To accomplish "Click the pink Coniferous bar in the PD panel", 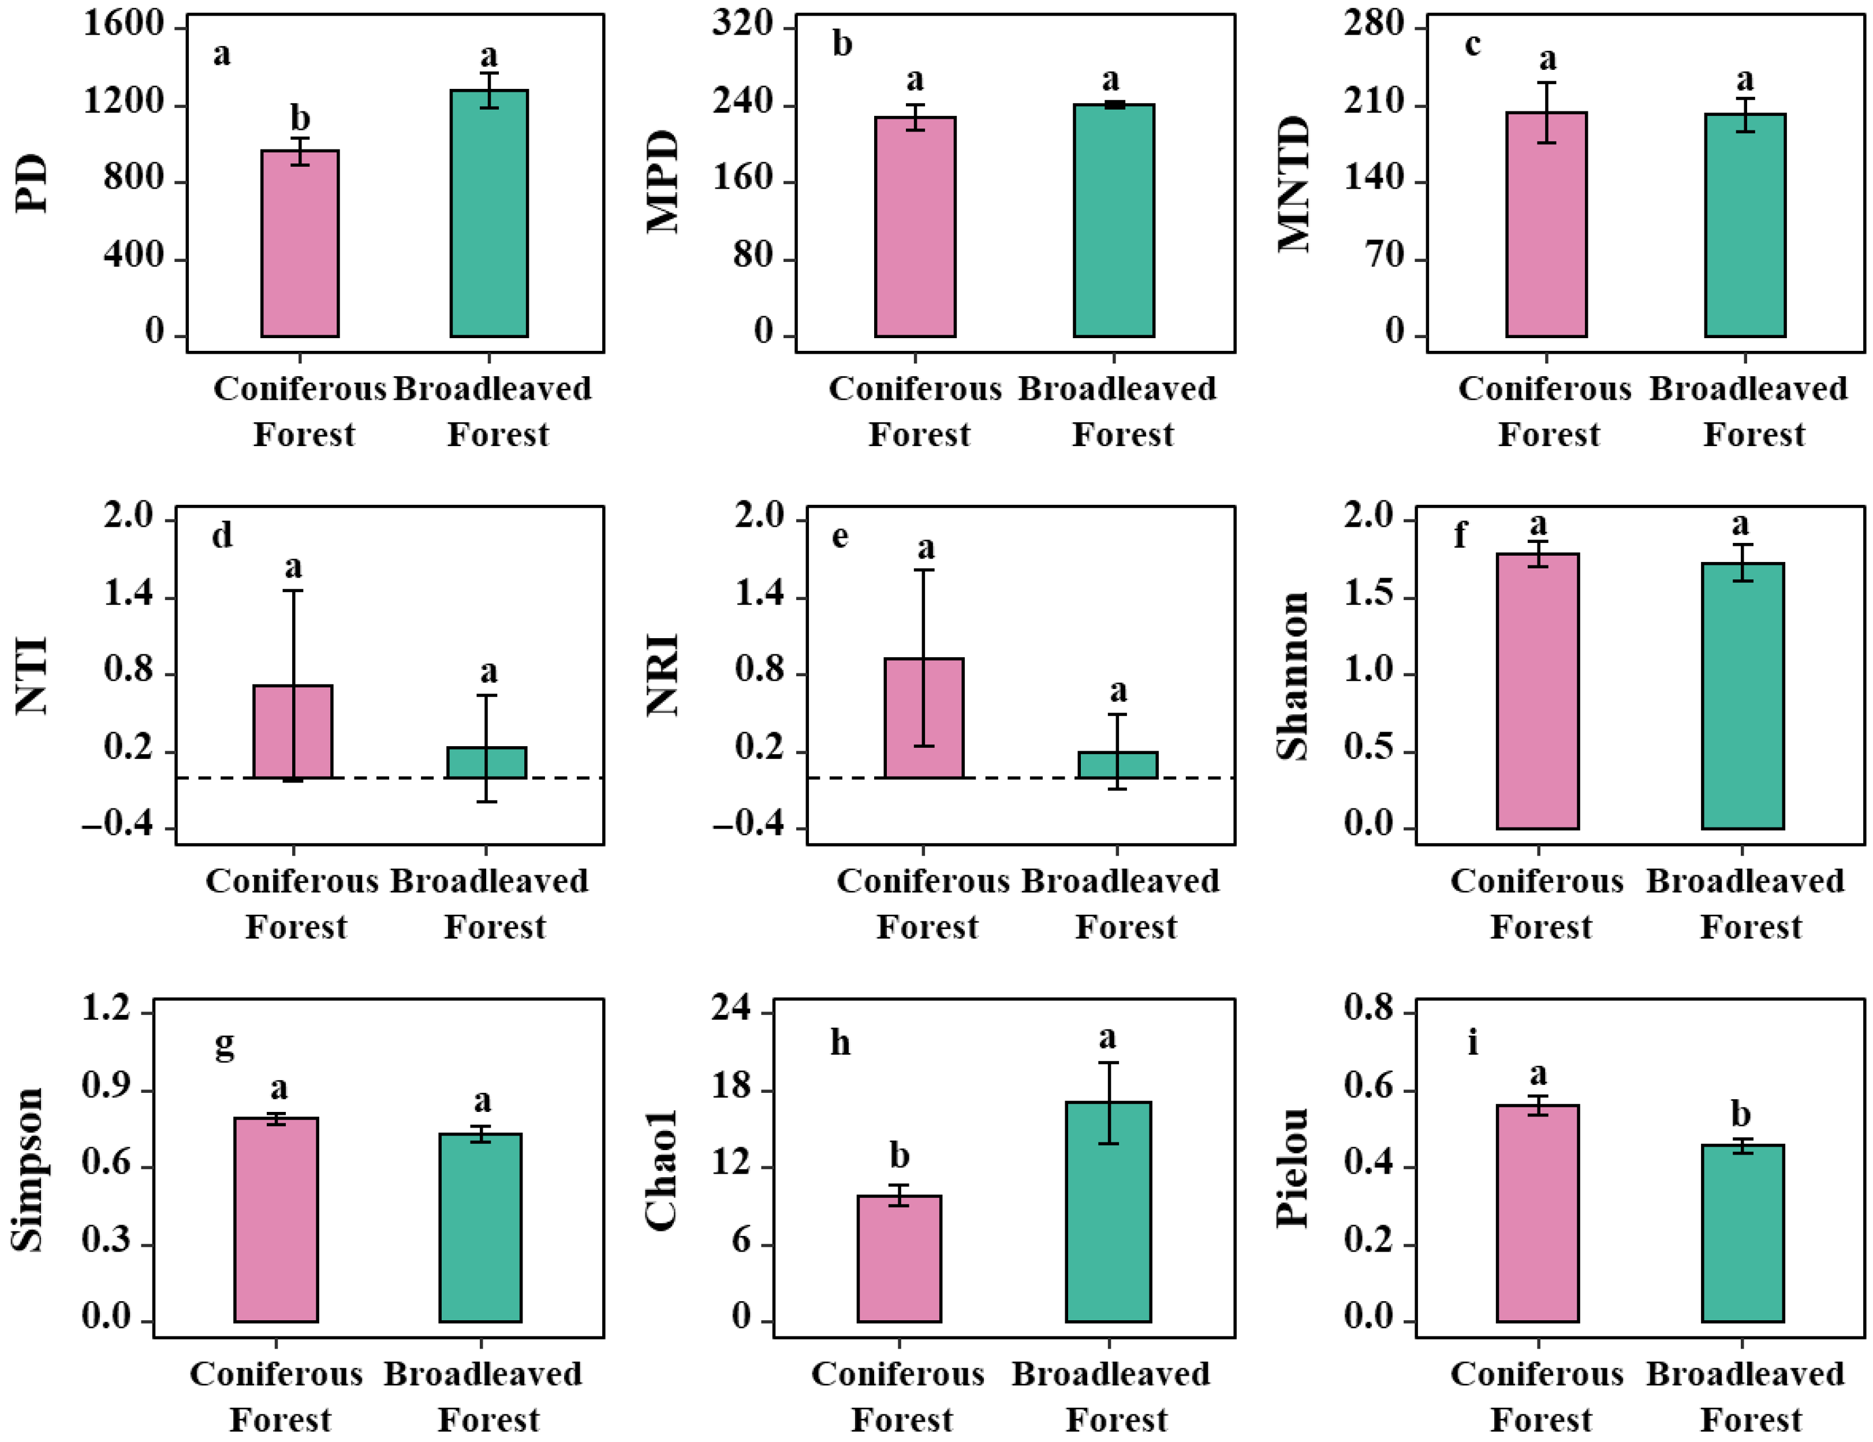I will click(x=299, y=244).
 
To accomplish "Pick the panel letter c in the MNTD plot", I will click(x=1472, y=44).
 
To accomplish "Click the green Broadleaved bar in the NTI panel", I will click(x=486, y=762).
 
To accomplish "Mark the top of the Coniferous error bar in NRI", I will click(x=924, y=570).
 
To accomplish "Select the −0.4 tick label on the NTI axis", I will click(x=117, y=826).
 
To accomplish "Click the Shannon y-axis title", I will click(x=1292, y=676).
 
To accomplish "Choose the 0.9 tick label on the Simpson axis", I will click(x=106, y=1086).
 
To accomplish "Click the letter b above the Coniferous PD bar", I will click(x=299, y=118).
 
